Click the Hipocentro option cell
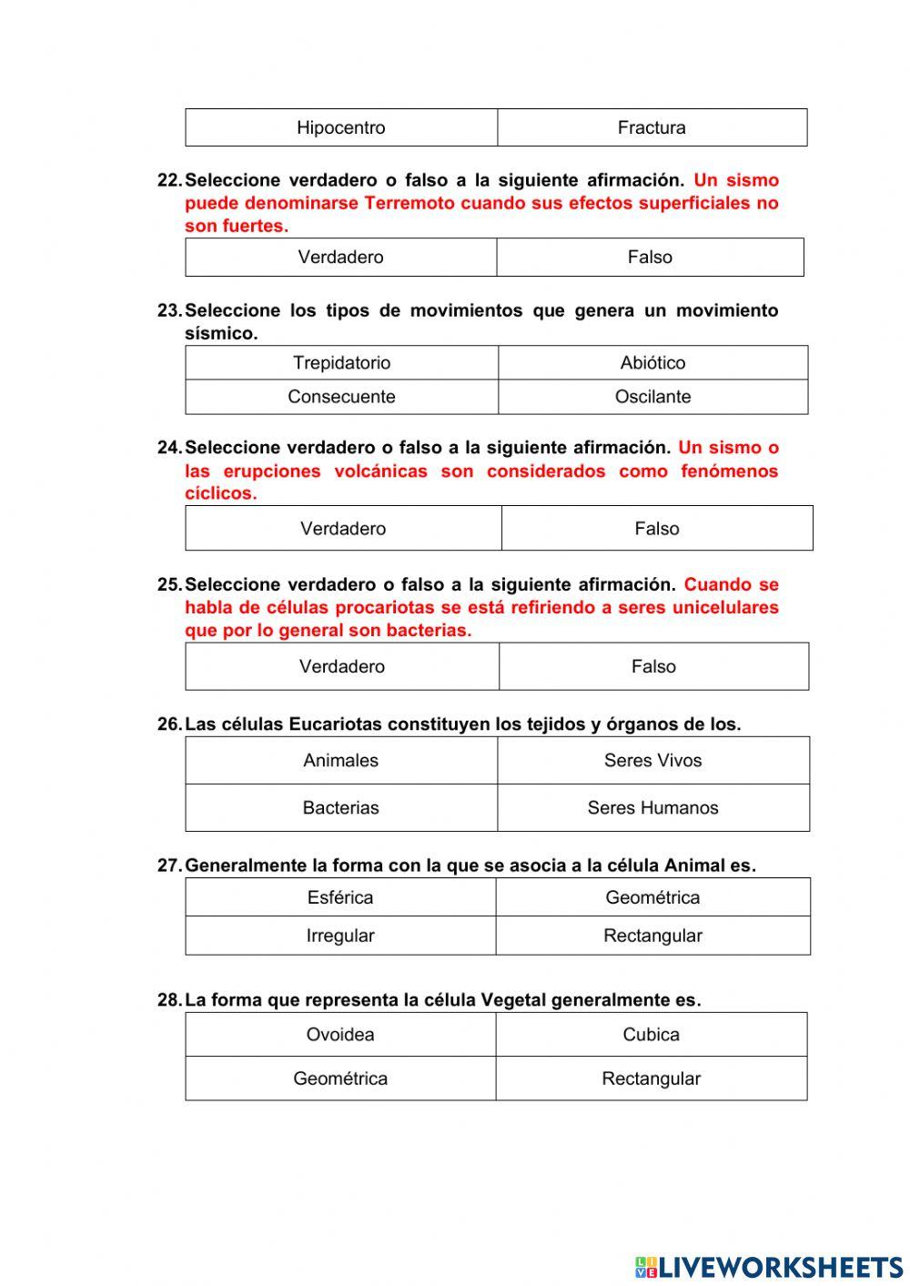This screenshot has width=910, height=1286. pyautogui.click(x=341, y=127)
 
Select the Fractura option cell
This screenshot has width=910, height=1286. pyautogui.click(x=652, y=127)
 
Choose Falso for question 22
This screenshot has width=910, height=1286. pyautogui.click(x=650, y=258)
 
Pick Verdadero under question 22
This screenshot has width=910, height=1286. pyautogui.click(x=341, y=258)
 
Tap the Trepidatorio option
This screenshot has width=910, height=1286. pyautogui.click(x=341, y=362)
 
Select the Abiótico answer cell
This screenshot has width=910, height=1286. pyautogui.click(x=652, y=362)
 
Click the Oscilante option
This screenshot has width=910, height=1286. pyautogui.click(x=652, y=397)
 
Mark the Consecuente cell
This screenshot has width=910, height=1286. pyautogui.click(x=341, y=397)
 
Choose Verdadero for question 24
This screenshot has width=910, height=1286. pyautogui.click(x=343, y=529)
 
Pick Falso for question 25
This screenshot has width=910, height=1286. pyautogui.click(x=653, y=667)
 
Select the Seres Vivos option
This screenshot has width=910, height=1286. pyautogui.click(x=652, y=761)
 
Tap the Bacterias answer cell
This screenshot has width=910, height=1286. pyautogui.click(x=341, y=808)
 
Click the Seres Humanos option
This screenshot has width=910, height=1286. pyautogui.click(x=652, y=808)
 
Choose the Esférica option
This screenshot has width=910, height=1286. pyautogui.click(x=340, y=897)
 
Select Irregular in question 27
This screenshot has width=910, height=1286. pyautogui.click(x=340, y=936)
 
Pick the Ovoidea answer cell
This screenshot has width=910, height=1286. pyautogui.click(x=340, y=1035)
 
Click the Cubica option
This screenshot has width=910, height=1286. pyautogui.click(x=651, y=1035)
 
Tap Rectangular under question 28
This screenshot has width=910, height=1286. pyautogui.click(x=651, y=1078)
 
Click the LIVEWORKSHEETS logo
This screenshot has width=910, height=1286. pyautogui.click(x=769, y=1267)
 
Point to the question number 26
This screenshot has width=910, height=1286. pyautogui.click(x=169, y=724)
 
